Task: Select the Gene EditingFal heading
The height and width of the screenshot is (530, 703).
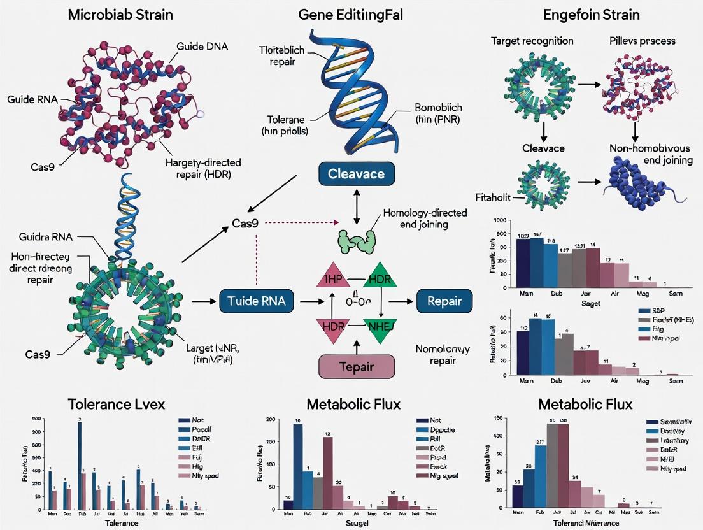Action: point(353,14)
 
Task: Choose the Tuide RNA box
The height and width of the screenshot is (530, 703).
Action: point(257,301)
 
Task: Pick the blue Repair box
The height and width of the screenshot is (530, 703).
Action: point(444,301)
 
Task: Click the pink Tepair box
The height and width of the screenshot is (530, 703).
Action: point(357,368)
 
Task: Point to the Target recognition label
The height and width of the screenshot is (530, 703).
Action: point(532,41)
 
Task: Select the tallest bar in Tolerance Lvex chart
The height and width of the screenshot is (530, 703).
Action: point(80,466)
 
